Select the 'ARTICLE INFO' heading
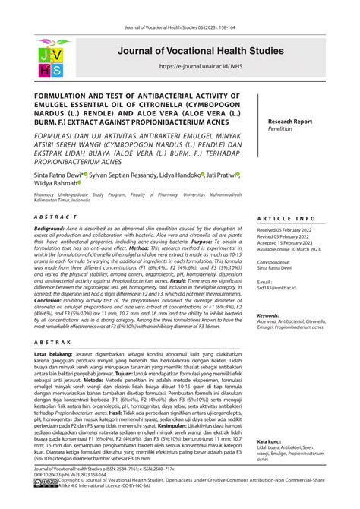[286, 217]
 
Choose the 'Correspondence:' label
[277, 261]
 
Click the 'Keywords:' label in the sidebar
[273, 315]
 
